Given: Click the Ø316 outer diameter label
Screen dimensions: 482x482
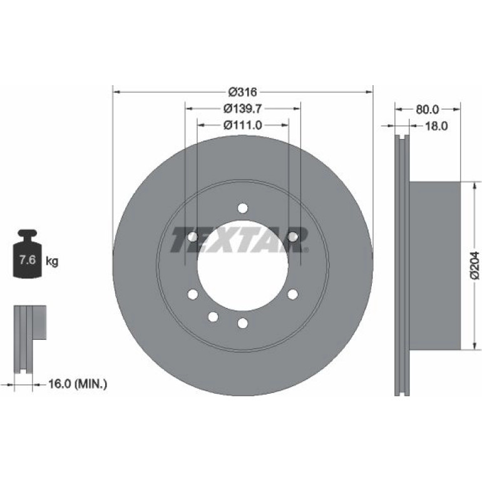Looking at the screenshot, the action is click(243, 91).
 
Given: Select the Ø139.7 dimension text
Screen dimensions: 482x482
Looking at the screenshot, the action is click(243, 108).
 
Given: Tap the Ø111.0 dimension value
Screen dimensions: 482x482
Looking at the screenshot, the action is click(243, 125).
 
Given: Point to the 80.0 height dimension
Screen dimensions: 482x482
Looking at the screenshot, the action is click(428, 109).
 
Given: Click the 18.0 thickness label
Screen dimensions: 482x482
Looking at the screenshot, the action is click(436, 126).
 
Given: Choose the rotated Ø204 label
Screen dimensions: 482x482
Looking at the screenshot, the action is click(474, 265).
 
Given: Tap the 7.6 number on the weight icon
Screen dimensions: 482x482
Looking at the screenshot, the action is click(28, 260).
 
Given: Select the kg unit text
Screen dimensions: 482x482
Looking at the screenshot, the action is click(52, 262).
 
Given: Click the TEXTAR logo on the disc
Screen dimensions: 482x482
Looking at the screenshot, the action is click(240, 240).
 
